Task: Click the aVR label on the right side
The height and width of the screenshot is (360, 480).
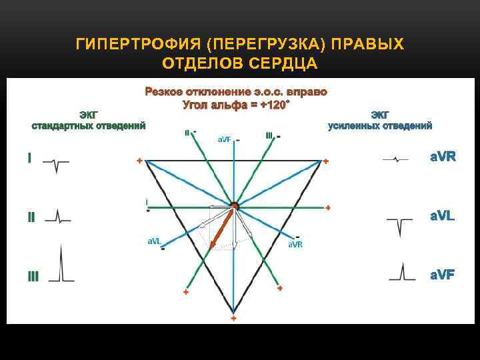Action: (442, 157)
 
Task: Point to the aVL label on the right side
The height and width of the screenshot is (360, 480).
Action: (442, 216)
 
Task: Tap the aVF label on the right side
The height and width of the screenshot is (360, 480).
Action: (442, 274)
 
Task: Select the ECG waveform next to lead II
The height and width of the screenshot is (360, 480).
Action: (58, 216)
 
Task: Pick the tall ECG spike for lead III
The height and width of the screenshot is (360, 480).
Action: (61, 264)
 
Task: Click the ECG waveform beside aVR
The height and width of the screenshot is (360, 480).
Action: (396, 159)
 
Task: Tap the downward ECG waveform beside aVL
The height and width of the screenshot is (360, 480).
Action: (399, 225)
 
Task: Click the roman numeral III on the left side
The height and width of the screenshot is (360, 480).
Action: (33, 275)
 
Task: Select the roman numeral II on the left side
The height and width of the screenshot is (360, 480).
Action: (31, 217)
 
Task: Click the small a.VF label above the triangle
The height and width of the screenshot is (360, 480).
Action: (225, 139)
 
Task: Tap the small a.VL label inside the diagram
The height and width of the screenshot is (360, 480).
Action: (154, 241)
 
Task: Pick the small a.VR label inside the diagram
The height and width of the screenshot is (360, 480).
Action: (295, 244)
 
